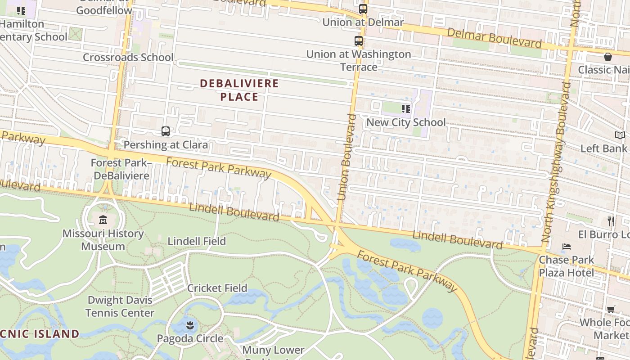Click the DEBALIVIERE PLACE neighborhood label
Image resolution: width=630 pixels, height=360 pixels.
pos(239,90)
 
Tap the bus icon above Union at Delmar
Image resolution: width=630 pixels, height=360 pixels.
pos(363,9)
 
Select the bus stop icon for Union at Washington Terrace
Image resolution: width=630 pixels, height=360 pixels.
pos(359,41)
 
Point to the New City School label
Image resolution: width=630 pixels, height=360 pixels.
pos(406,122)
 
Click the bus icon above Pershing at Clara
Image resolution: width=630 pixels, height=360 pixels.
pos(166,131)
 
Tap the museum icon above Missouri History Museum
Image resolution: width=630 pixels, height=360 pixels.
pos(103,220)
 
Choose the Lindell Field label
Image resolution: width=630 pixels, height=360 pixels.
pos(197,241)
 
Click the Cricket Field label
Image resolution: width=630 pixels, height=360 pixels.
pos(217,288)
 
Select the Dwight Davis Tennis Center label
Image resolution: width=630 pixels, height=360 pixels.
pos(120,306)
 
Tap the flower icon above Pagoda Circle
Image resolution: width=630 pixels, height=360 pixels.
pos(190,325)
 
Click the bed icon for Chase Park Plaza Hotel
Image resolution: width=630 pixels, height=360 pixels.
pos(567,247)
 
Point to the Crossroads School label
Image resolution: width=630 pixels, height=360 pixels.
pos(128,57)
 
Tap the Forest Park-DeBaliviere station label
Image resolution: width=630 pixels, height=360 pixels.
pos(120,169)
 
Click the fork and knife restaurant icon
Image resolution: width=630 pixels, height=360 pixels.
pos(611,221)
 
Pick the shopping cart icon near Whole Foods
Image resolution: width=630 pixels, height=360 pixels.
pos(611,309)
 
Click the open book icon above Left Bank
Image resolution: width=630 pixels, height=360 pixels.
pos(620,135)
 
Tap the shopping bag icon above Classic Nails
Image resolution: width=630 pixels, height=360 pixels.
pos(607,57)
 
